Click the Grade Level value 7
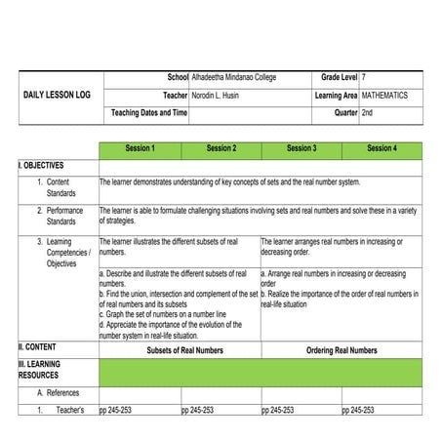coord(364,77)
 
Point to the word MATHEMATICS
coord(384,96)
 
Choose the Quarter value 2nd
coord(367,113)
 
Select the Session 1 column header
coord(140,149)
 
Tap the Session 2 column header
coord(221,149)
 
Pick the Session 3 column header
coord(301,149)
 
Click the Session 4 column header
coord(382,149)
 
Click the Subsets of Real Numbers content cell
coord(180,350)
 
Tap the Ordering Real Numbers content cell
coord(341,350)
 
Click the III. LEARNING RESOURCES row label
coord(39,370)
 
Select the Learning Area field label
coord(336,96)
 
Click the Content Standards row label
coord(59,188)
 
